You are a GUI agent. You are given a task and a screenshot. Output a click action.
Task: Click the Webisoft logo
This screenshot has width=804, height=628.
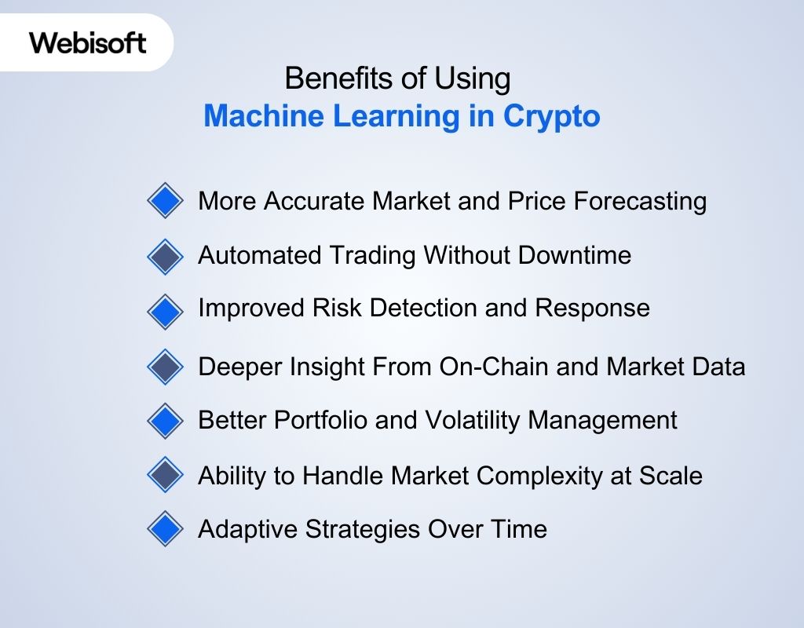(x=88, y=42)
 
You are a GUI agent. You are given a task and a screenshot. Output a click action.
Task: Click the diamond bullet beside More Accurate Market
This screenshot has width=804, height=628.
(x=165, y=202)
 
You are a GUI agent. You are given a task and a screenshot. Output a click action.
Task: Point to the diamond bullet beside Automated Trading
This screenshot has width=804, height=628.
(x=165, y=256)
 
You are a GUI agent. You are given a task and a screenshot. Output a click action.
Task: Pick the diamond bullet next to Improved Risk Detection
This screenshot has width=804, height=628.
(x=165, y=311)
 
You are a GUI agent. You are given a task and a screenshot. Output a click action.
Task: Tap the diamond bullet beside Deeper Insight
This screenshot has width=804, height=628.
(x=165, y=366)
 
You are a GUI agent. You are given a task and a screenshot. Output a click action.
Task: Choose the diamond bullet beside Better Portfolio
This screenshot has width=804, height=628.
(x=165, y=420)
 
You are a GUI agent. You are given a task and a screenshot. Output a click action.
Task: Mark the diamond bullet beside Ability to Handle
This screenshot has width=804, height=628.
(x=165, y=475)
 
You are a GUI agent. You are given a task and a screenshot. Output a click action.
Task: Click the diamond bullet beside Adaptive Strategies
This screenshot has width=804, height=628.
(x=165, y=529)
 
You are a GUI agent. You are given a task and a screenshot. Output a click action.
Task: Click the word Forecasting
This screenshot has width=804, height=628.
(x=640, y=202)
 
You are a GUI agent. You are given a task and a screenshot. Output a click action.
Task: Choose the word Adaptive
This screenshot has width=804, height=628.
(x=241, y=530)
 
